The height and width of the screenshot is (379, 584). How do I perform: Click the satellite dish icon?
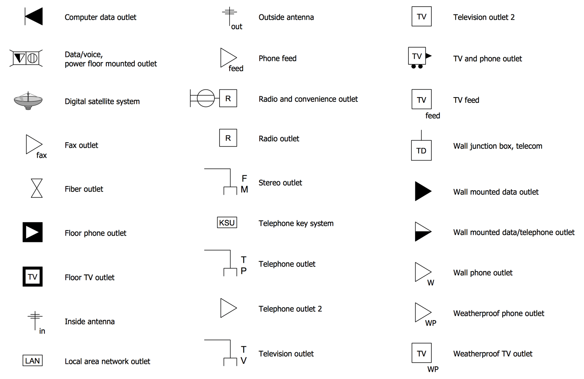28,101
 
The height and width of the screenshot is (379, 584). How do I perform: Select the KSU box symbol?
227,223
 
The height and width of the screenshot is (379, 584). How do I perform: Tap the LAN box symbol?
32,361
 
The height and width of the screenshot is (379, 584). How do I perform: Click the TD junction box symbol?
421,151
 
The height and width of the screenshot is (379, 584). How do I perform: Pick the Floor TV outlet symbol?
32,277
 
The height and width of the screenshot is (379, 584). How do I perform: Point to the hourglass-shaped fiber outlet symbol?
37,188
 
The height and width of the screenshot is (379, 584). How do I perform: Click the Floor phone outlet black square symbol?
32,232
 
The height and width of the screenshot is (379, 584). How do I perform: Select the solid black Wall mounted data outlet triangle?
422,191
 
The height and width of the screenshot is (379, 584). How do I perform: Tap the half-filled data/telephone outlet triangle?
422,232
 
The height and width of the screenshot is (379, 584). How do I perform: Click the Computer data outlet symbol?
34,17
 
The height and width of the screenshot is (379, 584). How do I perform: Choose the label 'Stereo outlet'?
280,183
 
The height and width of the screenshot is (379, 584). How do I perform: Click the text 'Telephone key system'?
296,223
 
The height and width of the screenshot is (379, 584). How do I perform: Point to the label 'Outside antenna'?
286,17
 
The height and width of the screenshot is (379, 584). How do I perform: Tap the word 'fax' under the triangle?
41,155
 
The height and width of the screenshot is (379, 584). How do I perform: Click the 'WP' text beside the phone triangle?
431,323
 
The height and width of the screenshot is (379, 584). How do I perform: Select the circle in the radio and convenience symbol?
206,98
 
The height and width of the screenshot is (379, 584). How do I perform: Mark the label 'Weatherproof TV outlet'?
493,354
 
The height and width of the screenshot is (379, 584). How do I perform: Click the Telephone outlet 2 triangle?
227,308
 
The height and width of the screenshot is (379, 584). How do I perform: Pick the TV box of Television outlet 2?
422,16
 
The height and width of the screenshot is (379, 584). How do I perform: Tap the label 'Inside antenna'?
90,322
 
